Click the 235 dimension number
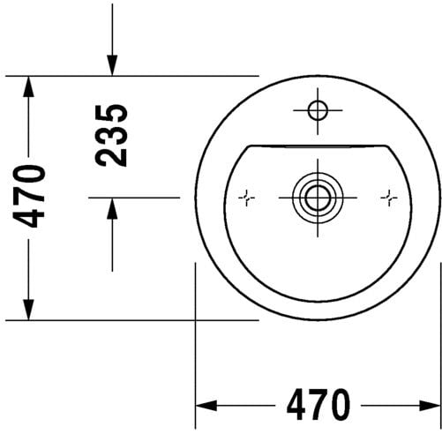112,135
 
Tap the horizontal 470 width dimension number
318,406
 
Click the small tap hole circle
317,110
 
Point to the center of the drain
316,197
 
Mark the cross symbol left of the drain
247,198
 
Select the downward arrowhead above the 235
112,65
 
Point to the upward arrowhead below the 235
112,208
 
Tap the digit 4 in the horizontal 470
296,406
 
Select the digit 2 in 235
112,156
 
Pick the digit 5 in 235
112,114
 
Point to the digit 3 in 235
112,135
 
